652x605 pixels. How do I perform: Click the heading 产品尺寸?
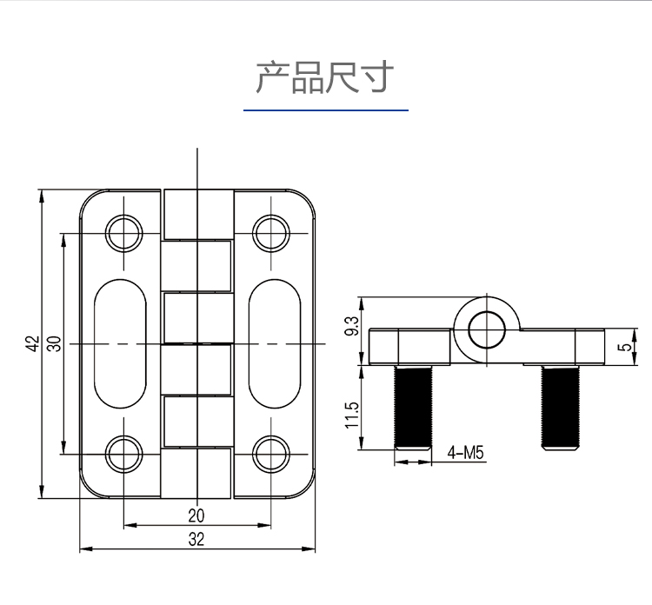click(x=325, y=77)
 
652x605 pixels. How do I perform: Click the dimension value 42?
click(x=31, y=344)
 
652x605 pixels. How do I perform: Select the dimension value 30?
click(x=54, y=344)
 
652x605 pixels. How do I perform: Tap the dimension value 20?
click(x=196, y=515)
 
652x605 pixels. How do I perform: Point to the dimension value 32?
click(x=196, y=540)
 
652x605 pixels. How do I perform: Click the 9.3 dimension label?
click(x=352, y=325)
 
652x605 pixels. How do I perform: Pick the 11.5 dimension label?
click(x=352, y=415)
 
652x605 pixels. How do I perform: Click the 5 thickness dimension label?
click(x=622, y=347)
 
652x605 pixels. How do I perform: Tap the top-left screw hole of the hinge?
click(x=123, y=232)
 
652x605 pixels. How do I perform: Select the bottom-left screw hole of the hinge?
click(x=123, y=454)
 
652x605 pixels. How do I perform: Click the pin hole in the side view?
click(x=485, y=329)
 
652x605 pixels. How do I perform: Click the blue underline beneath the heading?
click(x=325, y=110)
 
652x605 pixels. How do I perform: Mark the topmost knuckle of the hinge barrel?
click(x=197, y=215)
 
